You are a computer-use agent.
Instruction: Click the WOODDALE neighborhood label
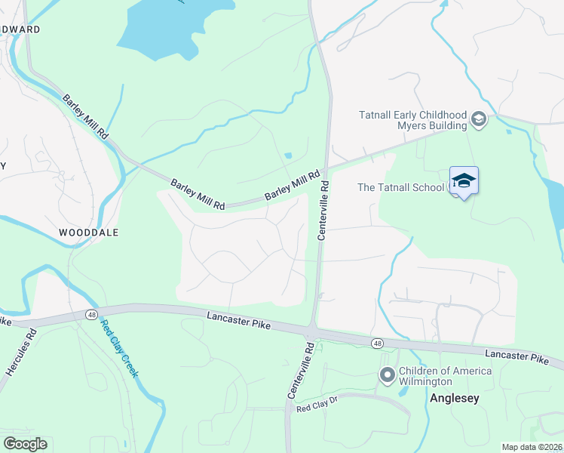[x=89, y=233]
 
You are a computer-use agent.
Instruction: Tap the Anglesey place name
[x=454, y=398]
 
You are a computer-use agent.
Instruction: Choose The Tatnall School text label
[x=400, y=187]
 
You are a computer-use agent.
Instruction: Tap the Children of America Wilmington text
[x=445, y=376]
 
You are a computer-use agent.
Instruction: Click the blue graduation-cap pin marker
[x=464, y=180]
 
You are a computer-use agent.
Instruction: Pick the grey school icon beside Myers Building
[x=478, y=119]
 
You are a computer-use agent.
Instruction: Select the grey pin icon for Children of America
[x=388, y=374]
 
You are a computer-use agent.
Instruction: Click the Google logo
[x=25, y=444]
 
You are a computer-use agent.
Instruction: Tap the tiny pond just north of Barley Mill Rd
[x=288, y=156]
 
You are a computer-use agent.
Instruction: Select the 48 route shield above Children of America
[x=376, y=344]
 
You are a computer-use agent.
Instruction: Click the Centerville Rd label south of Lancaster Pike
[x=299, y=369]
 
